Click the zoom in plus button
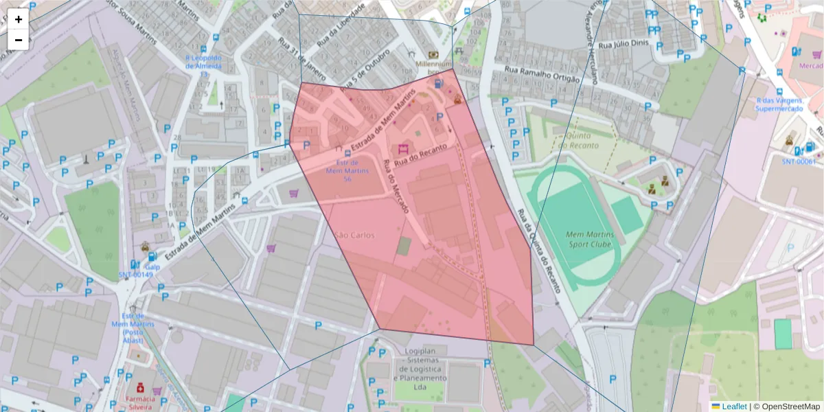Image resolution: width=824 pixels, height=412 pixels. click(19, 19)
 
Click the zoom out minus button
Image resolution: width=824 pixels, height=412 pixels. click(19, 40)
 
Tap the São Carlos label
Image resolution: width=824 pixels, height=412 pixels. click(354, 235)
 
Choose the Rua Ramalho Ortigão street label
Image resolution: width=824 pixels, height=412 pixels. click(542, 74)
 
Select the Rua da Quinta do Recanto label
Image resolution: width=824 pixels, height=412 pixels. click(540, 251)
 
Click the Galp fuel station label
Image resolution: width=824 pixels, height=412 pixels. click(152, 266)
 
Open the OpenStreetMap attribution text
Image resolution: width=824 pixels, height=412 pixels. click(787, 407)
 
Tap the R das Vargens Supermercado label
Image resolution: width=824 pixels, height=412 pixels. click(779, 104)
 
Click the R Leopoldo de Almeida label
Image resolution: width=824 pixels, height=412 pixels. click(203, 62)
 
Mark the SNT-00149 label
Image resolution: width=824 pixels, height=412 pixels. click(135, 275)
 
